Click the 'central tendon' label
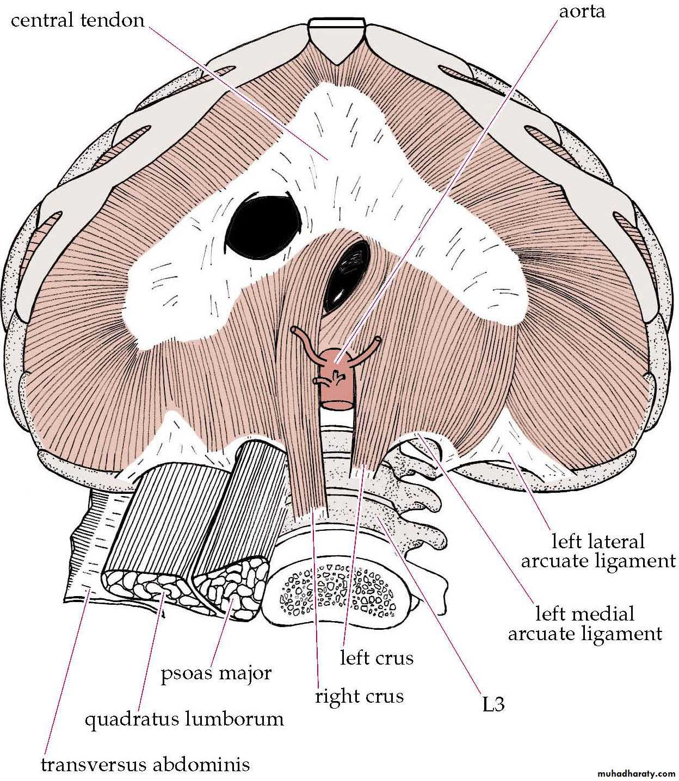[78, 20]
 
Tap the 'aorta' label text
[582, 11]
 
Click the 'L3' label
[493, 704]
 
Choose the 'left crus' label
[376, 658]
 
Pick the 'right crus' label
[359, 696]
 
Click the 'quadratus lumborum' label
[184, 720]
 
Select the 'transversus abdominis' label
[145, 765]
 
